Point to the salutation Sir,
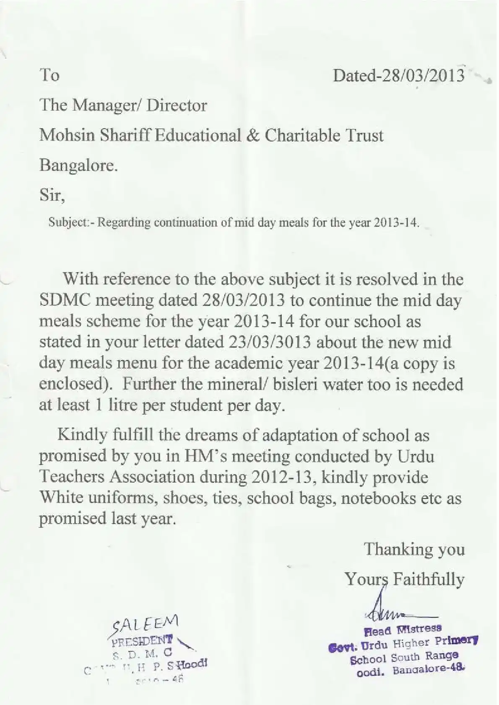click(x=52, y=195)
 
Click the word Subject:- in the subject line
click(x=72, y=222)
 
